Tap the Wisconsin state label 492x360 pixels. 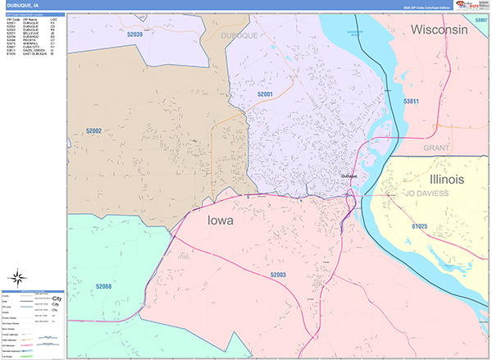tap(440, 30)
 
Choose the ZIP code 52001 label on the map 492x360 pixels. tap(266, 95)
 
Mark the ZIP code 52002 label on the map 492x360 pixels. tap(93, 130)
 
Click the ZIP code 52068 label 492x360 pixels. tap(102, 286)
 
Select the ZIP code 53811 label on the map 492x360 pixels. tap(412, 102)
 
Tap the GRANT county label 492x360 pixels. tap(437, 148)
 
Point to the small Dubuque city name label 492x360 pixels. tap(350, 175)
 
